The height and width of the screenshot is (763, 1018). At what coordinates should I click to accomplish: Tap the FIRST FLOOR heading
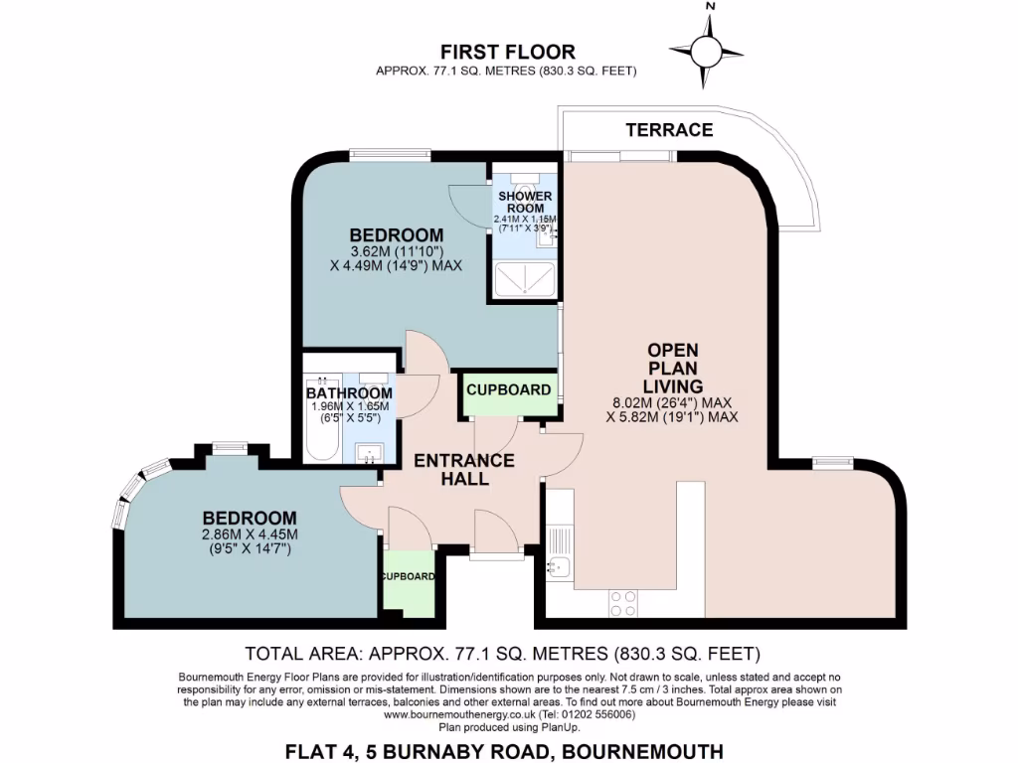tap(507, 52)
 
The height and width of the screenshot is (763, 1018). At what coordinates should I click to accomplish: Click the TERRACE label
tap(669, 130)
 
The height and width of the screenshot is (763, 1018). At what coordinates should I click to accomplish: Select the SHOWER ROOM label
tap(525, 202)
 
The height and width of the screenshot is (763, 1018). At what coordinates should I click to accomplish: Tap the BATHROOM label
tap(349, 393)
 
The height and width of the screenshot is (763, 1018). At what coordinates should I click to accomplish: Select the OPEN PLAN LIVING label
tap(673, 368)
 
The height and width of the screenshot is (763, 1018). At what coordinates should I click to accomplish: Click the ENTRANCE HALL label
tap(464, 469)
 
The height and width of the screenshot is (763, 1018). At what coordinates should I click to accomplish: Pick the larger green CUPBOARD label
tap(509, 389)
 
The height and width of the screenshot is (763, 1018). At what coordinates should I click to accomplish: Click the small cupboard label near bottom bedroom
tap(408, 576)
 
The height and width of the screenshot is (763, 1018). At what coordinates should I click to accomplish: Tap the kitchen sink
tap(559, 567)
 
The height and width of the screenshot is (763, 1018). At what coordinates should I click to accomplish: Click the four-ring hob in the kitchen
tap(622, 601)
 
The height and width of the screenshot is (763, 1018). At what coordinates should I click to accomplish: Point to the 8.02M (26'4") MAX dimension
tap(673, 402)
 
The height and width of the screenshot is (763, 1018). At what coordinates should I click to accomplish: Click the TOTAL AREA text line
tap(502, 654)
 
